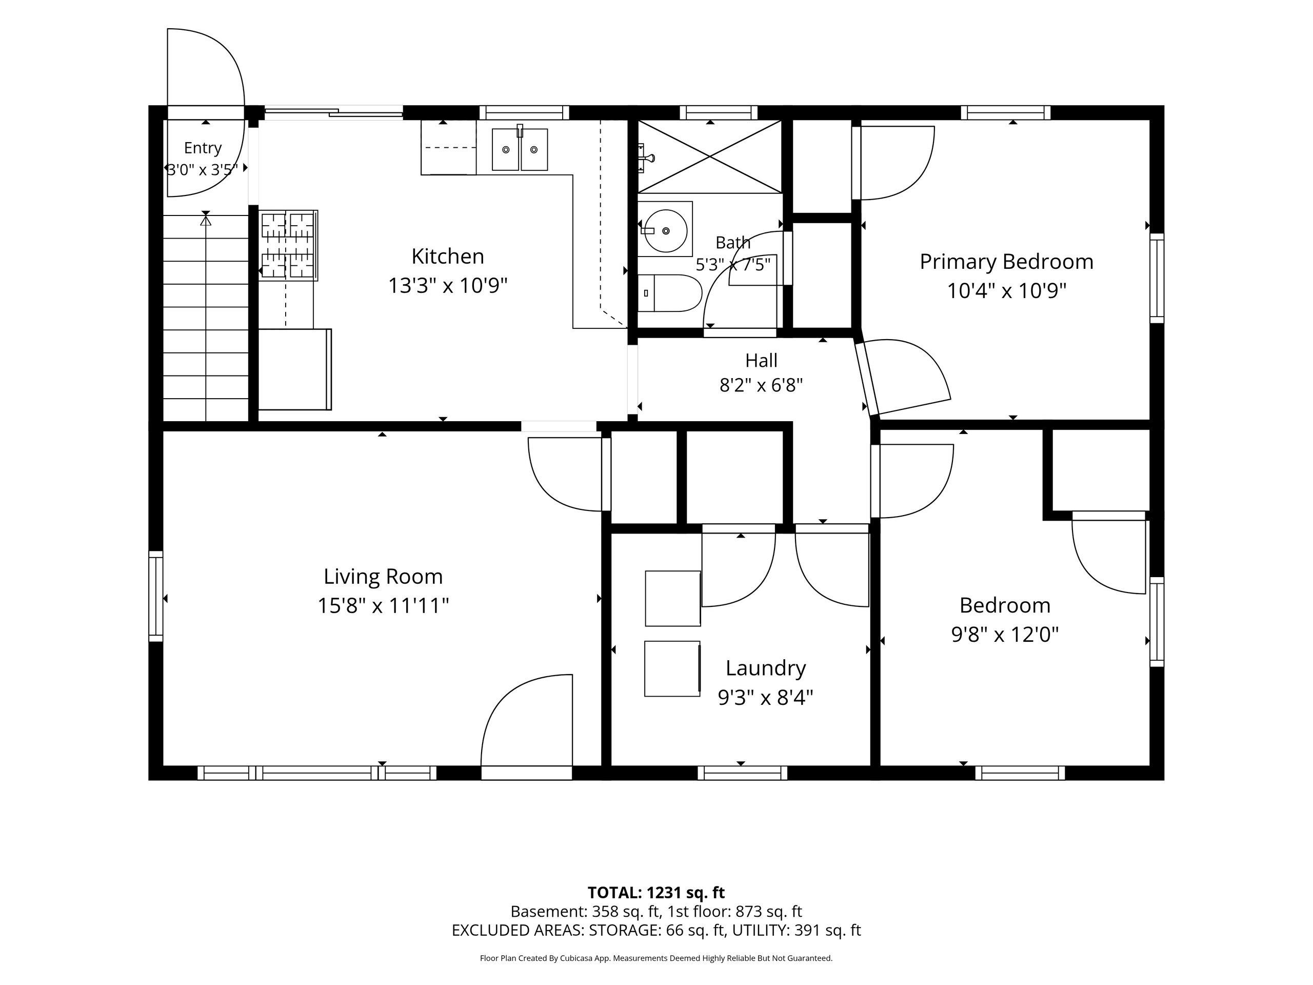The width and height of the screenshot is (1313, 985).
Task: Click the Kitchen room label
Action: pyautogui.click(x=448, y=257)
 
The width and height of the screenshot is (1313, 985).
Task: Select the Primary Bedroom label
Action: pyautogui.click(x=1006, y=262)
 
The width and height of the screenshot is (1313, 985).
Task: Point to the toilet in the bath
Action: pyautogui.click(x=669, y=293)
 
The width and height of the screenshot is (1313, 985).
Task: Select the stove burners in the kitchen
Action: pyautogui.click(x=288, y=245)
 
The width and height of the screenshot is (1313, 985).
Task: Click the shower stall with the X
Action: pyautogui.click(x=710, y=157)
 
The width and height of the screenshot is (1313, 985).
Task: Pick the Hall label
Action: pyautogui.click(x=761, y=360)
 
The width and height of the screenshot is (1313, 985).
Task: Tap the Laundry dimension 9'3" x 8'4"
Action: pyautogui.click(x=765, y=697)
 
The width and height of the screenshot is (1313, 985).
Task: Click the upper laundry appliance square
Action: pyautogui.click(x=672, y=599)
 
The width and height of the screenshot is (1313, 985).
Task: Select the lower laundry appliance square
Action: pyautogui.click(x=672, y=668)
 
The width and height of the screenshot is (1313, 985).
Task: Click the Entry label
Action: pyautogui.click(x=203, y=148)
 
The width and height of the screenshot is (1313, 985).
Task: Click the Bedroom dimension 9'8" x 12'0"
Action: pyautogui.click(x=1005, y=635)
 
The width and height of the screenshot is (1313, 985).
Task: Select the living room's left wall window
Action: pyautogui.click(x=155, y=596)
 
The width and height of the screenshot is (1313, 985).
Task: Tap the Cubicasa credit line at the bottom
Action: pyautogui.click(x=656, y=958)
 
